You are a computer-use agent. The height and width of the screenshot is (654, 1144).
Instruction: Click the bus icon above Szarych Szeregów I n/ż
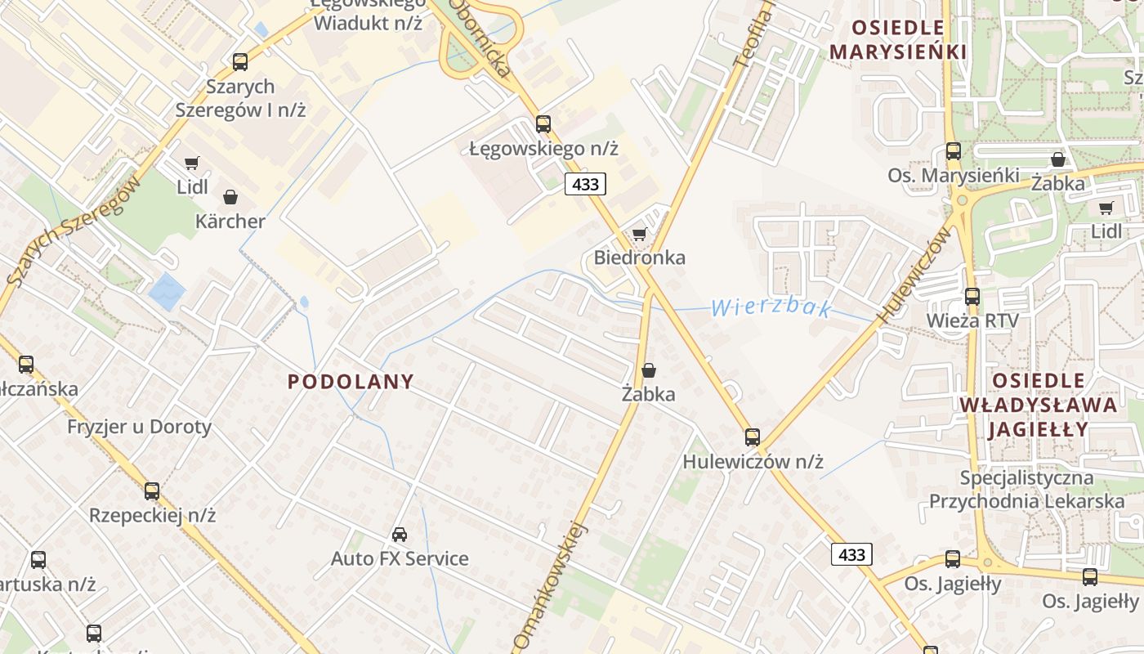pos(239,61)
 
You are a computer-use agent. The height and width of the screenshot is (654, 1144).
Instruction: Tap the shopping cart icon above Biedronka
pos(640,235)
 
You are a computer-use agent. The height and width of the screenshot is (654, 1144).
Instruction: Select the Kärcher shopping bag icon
pos(230,197)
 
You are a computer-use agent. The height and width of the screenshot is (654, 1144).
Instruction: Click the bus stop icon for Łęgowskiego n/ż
pos(543,124)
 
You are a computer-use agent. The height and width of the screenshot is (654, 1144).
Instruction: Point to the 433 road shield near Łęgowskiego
pos(586,185)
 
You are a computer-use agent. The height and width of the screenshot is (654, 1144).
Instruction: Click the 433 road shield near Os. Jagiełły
pos(851,554)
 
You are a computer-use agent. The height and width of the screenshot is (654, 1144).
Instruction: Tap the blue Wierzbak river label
pos(771,308)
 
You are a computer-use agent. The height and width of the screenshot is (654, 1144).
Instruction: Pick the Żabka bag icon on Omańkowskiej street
pos(649,370)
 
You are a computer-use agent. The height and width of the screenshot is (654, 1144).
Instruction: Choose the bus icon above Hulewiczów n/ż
pos(753,437)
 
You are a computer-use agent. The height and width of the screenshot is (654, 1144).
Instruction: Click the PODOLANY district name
pos(351,382)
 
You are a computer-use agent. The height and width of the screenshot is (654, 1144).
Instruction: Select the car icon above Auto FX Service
pos(400,535)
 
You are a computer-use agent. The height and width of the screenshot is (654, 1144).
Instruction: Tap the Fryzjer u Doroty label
pos(139,427)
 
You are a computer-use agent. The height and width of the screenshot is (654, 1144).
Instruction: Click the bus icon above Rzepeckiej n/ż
pos(152,491)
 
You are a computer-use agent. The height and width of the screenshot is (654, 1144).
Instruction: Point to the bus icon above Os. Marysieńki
pos(954,150)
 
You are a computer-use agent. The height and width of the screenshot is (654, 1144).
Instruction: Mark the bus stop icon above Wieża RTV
pos(972,297)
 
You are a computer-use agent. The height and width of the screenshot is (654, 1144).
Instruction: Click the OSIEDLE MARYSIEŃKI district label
pos(898,40)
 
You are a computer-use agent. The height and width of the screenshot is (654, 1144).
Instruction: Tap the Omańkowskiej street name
pos(552,585)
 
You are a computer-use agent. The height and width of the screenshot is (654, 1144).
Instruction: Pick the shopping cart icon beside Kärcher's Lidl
pos(191,163)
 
